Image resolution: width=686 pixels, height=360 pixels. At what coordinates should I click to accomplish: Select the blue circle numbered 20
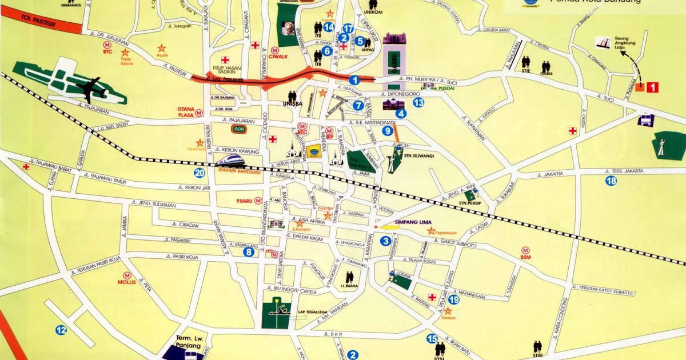point(199,174)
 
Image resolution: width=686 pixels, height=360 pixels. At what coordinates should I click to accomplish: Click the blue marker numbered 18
point(611,181)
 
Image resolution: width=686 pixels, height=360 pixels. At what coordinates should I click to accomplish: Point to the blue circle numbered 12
point(61,330)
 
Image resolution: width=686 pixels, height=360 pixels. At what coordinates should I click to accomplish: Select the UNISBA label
point(292,103)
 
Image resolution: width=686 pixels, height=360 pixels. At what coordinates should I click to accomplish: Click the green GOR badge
point(239,129)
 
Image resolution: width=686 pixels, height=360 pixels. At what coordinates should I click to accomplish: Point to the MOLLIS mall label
point(126,282)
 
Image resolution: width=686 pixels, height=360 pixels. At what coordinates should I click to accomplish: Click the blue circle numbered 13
point(419,103)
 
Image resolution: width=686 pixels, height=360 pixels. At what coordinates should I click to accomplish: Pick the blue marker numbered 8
point(249,251)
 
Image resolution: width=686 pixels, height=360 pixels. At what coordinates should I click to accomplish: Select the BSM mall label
point(525,257)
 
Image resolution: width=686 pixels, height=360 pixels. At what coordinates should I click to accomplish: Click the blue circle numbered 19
point(454,300)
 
